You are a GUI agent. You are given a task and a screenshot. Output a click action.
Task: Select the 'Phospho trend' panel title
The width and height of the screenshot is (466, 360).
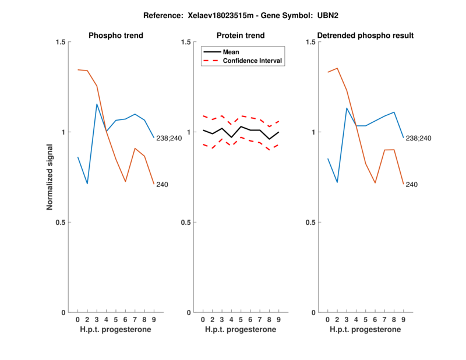tap(116, 36)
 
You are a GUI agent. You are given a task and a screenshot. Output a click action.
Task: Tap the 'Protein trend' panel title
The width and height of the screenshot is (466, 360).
tap(241, 36)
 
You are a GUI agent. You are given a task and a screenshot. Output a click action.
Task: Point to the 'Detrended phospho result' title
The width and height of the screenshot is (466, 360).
tap(366, 36)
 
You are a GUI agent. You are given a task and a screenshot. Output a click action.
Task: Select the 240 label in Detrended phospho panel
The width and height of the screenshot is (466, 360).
tap(412, 185)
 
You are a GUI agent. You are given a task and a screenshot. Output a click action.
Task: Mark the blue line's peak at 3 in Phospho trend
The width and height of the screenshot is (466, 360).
tap(97, 104)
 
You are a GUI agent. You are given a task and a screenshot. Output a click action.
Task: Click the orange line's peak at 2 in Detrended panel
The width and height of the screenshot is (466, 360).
tap(337, 68)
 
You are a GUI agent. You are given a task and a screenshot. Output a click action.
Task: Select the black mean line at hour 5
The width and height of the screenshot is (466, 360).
tap(241, 126)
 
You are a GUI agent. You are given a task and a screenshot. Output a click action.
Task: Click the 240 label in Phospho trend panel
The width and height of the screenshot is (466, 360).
tap(163, 185)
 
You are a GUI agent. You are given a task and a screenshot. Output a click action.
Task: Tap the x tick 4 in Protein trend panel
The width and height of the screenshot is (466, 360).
tap(231, 320)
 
